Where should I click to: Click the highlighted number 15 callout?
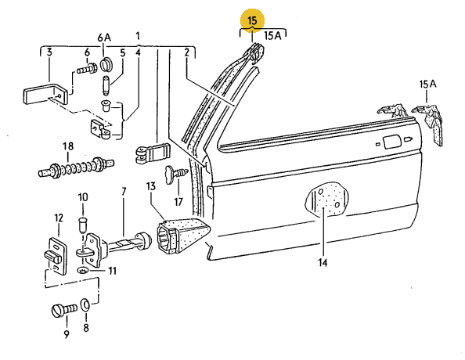252,21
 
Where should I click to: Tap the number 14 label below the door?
323,262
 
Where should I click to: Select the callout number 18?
68,146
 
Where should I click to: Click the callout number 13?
151,186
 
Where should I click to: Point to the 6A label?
104,38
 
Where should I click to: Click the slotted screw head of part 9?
57,311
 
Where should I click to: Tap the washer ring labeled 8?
85,305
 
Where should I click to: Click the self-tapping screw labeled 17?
177,173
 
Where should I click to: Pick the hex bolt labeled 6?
87,69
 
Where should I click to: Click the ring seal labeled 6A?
106,65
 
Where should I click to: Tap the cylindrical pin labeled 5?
106,86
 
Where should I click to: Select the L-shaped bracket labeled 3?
46,94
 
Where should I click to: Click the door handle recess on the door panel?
391,142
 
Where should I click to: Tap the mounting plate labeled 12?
56,255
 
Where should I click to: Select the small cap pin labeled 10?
82,225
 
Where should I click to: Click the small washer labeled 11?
82,271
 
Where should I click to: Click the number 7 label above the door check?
124,192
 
